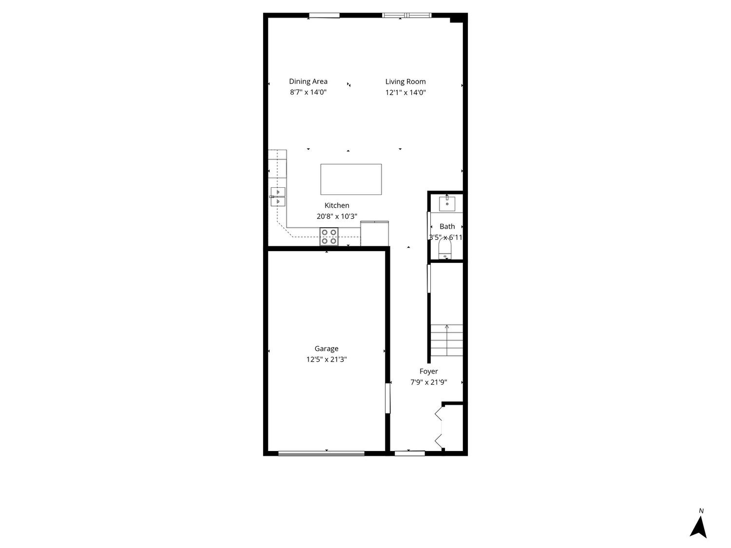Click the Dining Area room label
tap(308, 81)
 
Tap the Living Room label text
tap(405, 81)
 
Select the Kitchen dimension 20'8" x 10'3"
tap(337, 216)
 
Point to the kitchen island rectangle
tap(351, 179)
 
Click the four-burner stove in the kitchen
tap(328, 236)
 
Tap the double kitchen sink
tap(278, 197)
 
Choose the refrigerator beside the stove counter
tap(374, 234)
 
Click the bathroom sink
tap(447, 203)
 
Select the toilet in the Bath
tap(444, 249)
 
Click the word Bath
tap(447, 227)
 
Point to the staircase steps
tap(446, 340)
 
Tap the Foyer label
tap(428, 371)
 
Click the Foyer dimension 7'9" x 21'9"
tap(428, 382)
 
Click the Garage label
tap(327, 349)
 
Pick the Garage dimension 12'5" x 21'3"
tap(327, 359)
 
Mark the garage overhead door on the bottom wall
tap(321, 453)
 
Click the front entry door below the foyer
tap(410, 453)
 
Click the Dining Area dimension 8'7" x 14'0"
tap(308, 92)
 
